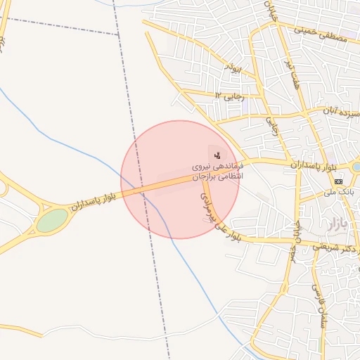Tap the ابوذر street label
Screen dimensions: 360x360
233,68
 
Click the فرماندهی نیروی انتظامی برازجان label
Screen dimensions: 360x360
217,172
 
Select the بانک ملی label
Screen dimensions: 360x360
337,191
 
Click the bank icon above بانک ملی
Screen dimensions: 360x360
339,181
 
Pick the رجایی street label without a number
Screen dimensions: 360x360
271,127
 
